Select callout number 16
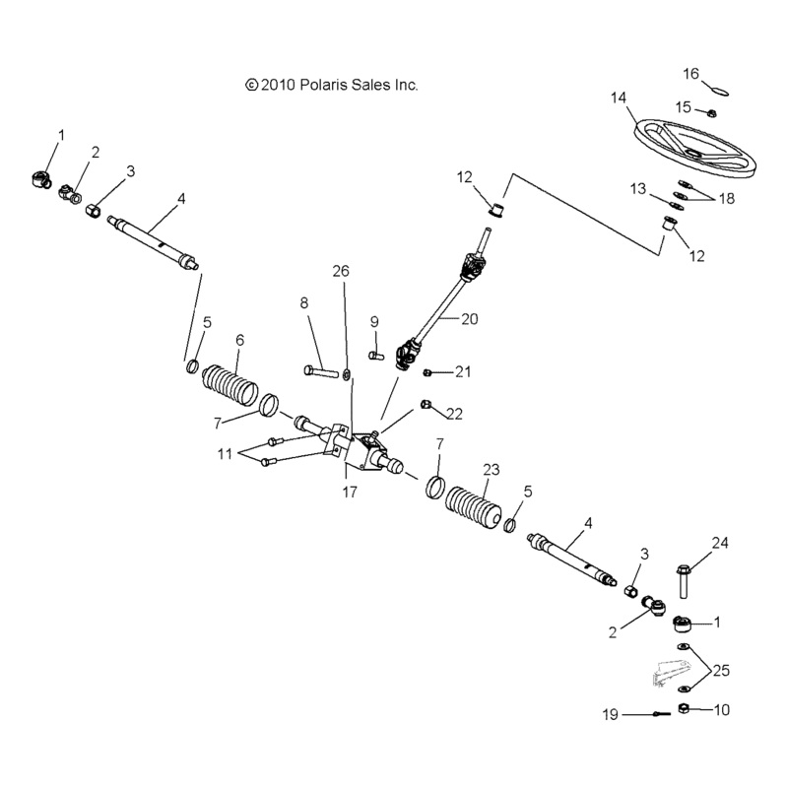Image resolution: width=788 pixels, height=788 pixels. click(x=691, y=73)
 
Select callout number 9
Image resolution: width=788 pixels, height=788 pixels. click(x=374, y=321)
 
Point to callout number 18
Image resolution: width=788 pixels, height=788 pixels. click(x=726, y=199)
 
